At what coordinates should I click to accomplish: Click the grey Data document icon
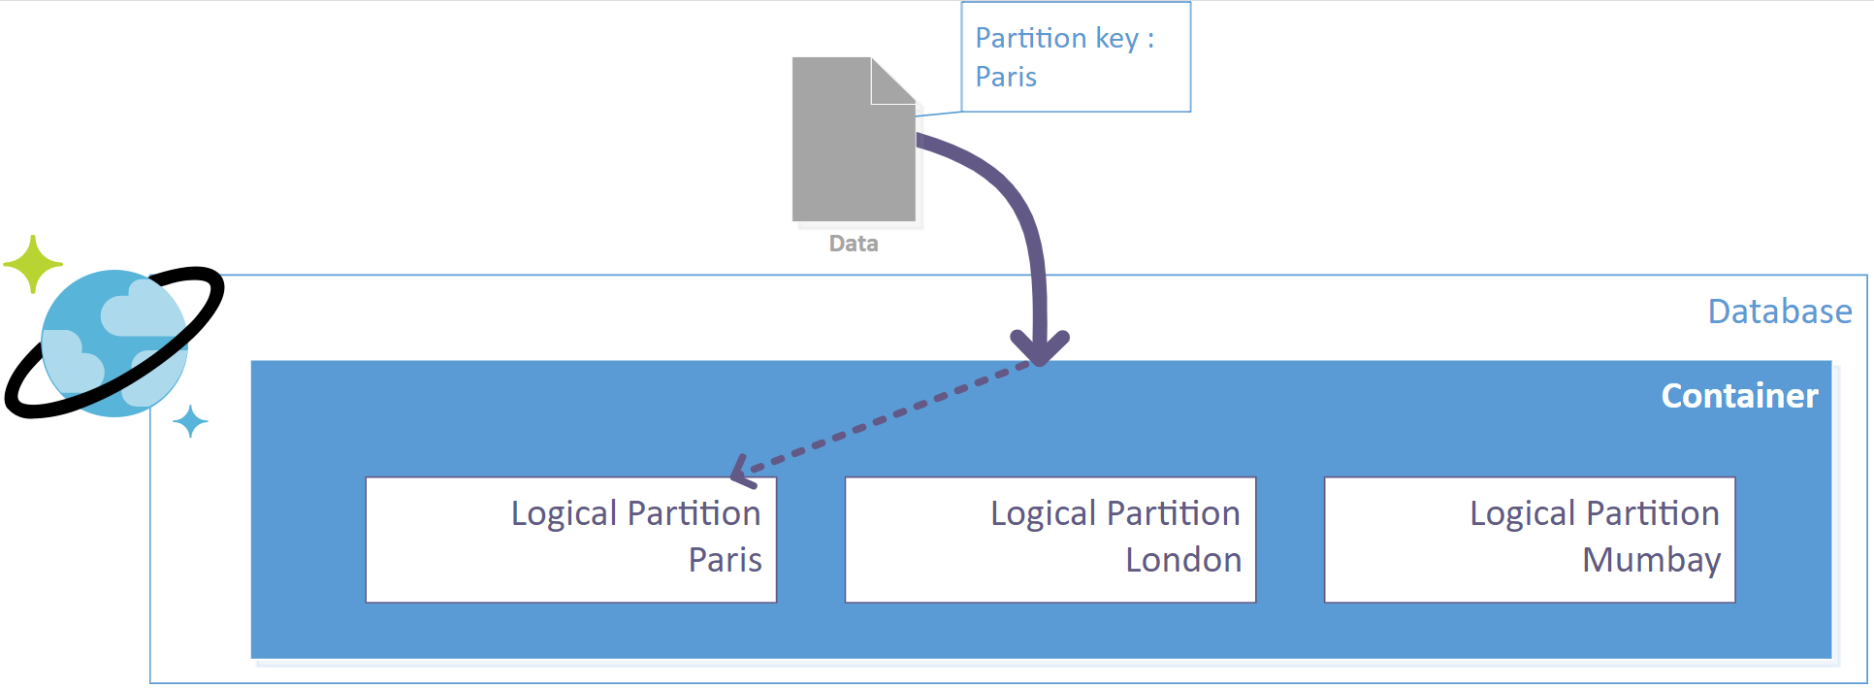coord(852,146)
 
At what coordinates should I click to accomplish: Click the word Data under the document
coord(854,244)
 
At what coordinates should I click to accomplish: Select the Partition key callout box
coord(1075,57)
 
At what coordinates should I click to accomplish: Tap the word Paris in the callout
coord(1006,78)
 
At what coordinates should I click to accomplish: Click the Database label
coord(1779,312)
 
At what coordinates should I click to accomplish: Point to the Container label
coord(1739,396)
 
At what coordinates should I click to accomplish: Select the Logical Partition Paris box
coord(570,540)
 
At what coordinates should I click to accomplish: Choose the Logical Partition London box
coord(1050,540)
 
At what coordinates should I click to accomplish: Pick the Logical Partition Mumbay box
coord(1529,540)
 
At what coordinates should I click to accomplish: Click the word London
coord(1182,561)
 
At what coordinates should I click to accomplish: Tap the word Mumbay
coord(1651,561)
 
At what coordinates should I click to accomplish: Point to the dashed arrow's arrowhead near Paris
coord(740,473)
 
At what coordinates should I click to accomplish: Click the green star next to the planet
coord(33,263)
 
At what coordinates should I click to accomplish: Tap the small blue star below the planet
coord(190,422)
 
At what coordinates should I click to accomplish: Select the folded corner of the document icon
coord(892,81)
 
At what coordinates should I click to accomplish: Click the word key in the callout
coord(1115,39)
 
